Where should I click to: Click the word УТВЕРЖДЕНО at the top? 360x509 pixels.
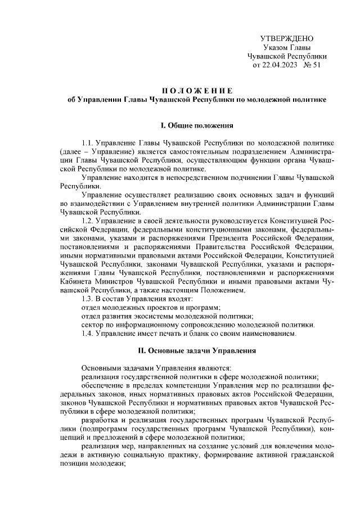click(286, 38)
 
